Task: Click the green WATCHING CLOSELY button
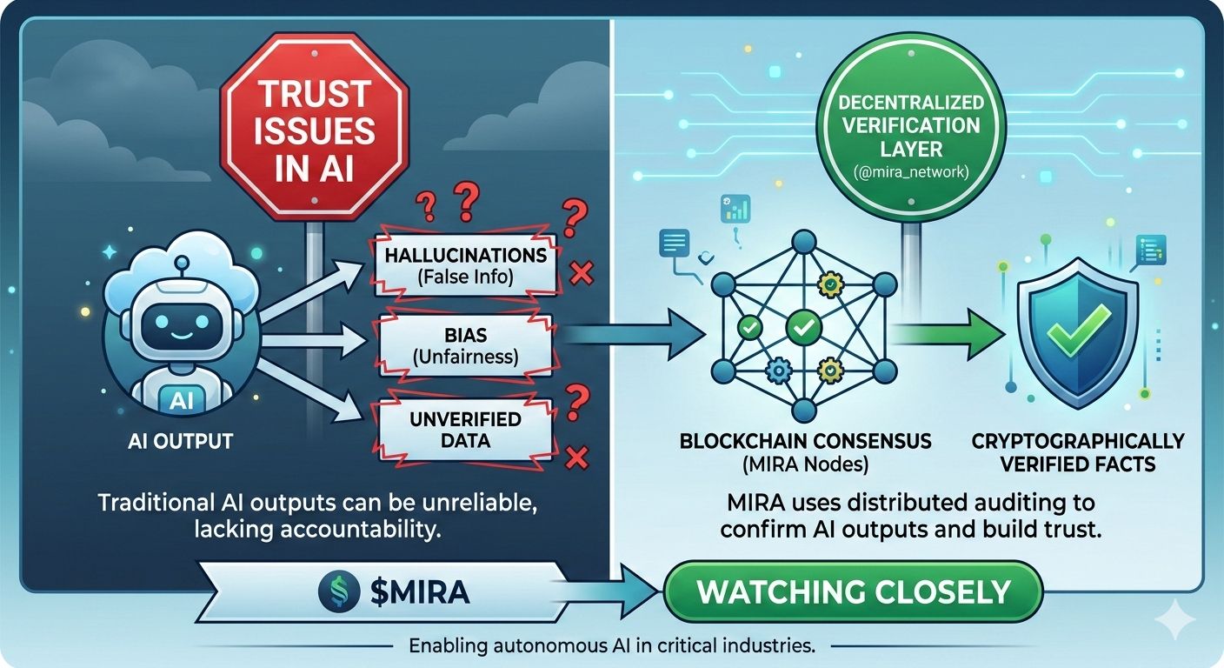click(853, 592)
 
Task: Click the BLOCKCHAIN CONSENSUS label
click(805, 441)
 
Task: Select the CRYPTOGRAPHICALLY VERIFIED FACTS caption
click(1078, 451)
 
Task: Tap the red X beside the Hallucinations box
click(581, 275)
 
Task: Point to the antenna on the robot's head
click(181, 263)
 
